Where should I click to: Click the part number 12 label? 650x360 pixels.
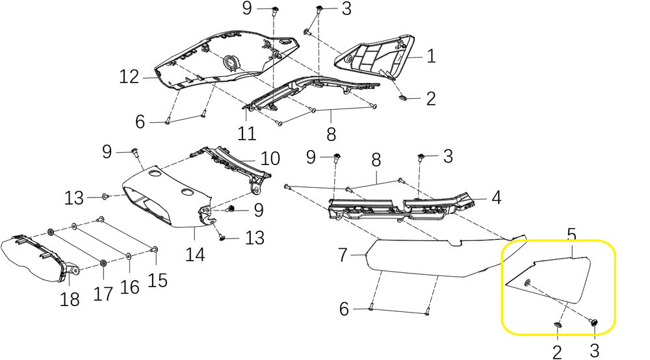point(129,77)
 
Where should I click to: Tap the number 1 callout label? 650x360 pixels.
point(431,57)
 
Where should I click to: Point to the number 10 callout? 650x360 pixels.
point(270,158)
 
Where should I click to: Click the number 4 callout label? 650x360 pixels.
point(496,197)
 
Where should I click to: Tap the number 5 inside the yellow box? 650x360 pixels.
point(572,233)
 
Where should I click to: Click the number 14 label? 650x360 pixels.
point(195,254)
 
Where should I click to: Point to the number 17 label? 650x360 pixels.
point(103,294)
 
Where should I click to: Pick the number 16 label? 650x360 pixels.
point(130,287)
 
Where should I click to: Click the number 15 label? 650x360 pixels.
point(157,279)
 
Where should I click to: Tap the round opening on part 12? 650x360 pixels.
point(230,62)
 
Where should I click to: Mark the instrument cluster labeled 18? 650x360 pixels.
point(32,260)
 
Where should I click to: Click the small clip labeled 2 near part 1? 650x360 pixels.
point(402,98)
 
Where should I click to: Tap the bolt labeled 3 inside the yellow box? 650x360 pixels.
point(593,322)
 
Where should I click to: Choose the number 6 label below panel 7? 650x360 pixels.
point(344,309)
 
